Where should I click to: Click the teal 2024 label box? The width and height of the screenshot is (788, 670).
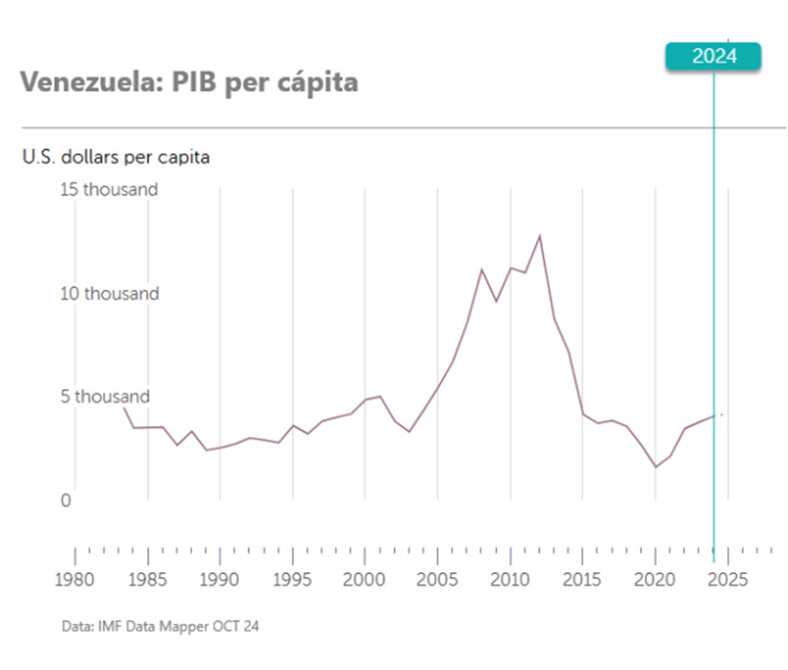(714, 57)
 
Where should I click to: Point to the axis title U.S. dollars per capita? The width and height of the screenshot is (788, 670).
(116, 156)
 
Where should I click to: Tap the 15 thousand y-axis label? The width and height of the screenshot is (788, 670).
(109, 190)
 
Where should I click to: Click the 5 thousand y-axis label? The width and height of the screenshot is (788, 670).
(105, 397)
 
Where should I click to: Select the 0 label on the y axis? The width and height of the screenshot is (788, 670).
(65, 501)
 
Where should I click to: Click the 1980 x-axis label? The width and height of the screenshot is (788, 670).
(75, 580)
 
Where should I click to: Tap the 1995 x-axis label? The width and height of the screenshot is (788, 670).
(293, 580)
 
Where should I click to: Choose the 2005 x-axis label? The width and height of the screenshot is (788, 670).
(438, 580)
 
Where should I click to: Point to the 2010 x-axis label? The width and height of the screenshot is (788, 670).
(511, 580)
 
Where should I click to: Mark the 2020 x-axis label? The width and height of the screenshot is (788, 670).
(656, 580)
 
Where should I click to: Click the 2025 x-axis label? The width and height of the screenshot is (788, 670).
(729, 580)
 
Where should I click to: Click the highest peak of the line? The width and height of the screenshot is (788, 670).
(540, 236)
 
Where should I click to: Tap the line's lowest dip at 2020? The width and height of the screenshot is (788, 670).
(656, 467)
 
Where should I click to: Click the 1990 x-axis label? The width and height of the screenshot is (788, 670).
(220, 580)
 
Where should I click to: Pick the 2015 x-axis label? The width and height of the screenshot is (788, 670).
(583, 580)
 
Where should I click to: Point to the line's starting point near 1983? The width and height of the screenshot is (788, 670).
(124, 408)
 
